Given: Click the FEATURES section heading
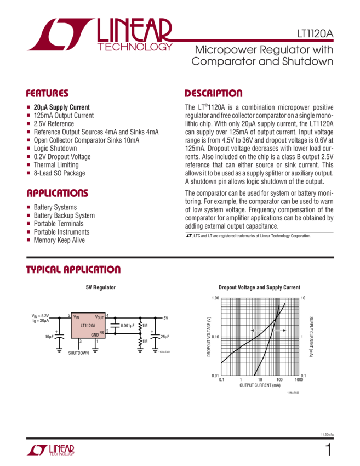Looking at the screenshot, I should tap(48, 93).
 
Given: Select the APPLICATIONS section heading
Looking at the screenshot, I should tap(58, 194).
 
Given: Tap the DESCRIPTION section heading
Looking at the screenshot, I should tap(213, 93).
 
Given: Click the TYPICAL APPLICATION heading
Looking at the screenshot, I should tap(73, 270).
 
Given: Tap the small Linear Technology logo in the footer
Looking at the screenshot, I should tap(50, 451).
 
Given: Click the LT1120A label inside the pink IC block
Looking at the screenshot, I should tap(88, 325).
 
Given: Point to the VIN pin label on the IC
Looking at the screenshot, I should tap(76, 317).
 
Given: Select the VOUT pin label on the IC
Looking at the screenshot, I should tap(99, 317).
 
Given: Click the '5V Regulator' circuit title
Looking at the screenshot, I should tap(100, 287).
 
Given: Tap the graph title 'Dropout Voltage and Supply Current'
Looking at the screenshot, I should tap(259, 287).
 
